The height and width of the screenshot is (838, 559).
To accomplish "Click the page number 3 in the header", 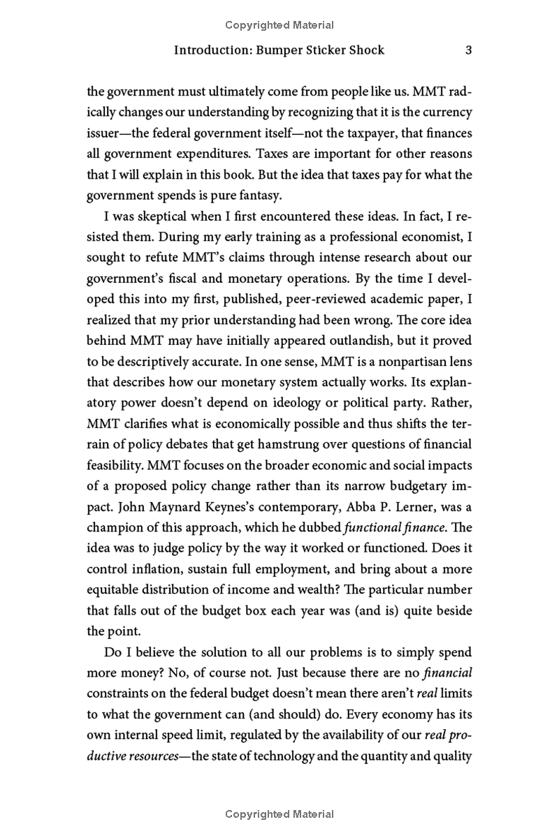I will coord(469,50).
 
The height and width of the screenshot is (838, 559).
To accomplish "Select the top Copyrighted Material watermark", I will coord(279,25).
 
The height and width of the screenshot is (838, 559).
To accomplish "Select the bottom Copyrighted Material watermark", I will coord(279,814).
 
